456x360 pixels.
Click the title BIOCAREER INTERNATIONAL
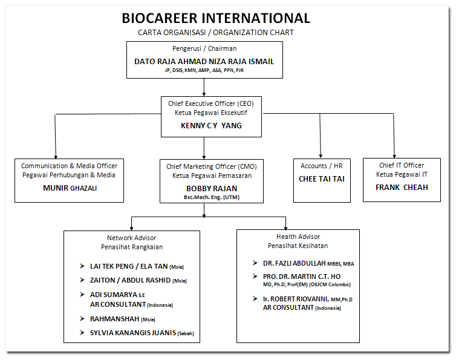pyautogui.click(x=216, y=18)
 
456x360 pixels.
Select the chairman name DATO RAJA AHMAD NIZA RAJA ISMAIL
pyautogui.click(x=204, y=61)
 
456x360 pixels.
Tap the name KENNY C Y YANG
pyautogui.click(x=203, y=125)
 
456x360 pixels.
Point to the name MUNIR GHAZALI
pyautogui.click(x=69, y=188)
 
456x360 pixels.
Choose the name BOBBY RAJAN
pyautogui.click(x=203, y=188)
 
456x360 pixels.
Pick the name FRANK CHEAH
pyautogui.click(x=402, y=187)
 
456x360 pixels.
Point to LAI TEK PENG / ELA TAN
pyautogui.click(x=122, y=266)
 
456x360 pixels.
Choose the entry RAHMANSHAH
pyautogui.click(x=112, y=319)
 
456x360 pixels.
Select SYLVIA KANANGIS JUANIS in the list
pyautogui.click(x=133, y=333)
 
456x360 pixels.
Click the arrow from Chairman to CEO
pyautogui.click(x=204, y=87)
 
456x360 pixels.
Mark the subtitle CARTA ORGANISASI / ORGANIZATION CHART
pyautogui.click(x=216, y=33)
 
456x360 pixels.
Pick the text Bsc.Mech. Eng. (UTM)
pyautogui.click(x=203, y=198)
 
